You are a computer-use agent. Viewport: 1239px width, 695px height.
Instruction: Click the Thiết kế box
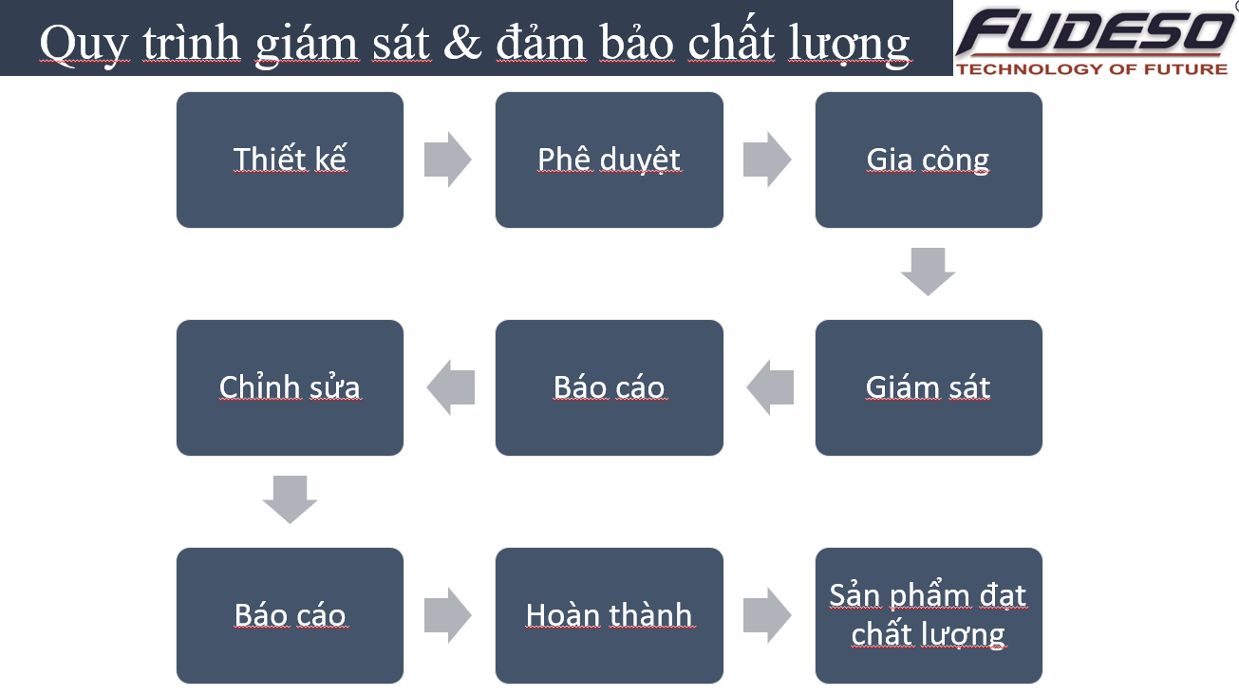point(290,160)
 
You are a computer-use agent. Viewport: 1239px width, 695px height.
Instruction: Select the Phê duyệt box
point(609,160)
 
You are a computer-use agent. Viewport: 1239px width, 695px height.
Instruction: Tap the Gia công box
point(929,160)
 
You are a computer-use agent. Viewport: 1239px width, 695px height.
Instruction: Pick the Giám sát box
point(929,388)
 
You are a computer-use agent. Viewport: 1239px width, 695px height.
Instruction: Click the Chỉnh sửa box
point(290,388)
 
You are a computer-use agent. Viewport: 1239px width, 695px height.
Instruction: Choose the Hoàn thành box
point(609,615)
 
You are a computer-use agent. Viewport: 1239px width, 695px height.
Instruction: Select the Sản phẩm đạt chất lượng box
point(929,615)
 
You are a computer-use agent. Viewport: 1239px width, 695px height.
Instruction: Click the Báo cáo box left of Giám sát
point(609,388)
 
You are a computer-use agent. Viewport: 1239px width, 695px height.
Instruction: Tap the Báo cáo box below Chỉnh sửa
point(290,615)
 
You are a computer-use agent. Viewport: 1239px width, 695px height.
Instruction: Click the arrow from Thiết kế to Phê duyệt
point(447,160)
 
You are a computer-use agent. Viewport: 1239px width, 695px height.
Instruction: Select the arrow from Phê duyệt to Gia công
point(767,160)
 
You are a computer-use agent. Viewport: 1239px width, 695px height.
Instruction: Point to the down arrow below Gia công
point(929,272)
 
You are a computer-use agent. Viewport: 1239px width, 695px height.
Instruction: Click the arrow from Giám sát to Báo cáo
point(770,387)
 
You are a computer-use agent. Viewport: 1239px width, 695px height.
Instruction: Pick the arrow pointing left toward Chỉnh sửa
point(451,387)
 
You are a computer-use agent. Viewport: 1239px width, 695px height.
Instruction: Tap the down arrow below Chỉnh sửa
point(290,499)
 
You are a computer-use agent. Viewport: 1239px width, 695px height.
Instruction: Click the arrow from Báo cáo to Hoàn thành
point(447,615)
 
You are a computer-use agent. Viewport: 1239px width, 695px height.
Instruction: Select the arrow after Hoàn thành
point(767,615)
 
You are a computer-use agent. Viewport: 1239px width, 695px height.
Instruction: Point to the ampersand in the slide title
point(462,43)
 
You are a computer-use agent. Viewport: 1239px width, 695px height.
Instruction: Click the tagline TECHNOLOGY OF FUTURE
point(1093,69)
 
